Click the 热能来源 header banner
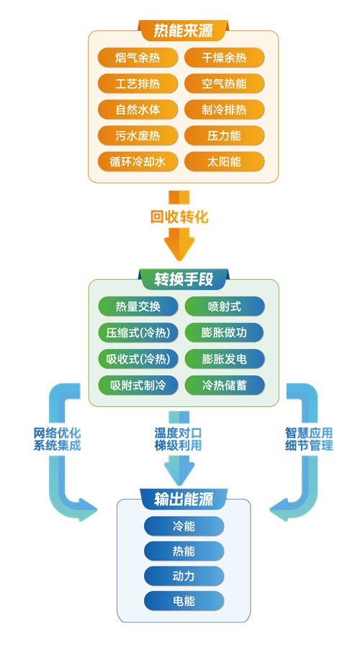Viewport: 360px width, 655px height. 184,30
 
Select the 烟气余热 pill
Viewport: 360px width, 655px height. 138,58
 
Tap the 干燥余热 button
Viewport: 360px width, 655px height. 224,58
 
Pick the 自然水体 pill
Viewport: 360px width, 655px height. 138,110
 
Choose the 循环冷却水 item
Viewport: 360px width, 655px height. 138,162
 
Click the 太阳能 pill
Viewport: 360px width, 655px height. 224,162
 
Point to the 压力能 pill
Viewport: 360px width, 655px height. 224,136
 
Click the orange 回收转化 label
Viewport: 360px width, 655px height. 179,217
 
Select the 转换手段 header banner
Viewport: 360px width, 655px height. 184,279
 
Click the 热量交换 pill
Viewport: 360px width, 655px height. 138,307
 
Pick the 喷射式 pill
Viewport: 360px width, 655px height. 224,307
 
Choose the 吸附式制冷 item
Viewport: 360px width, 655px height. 138,385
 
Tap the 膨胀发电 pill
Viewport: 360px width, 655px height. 224,359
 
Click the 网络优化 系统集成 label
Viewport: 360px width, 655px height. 57,438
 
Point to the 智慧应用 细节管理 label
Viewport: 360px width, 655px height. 309,438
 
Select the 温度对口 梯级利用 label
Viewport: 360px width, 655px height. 179,438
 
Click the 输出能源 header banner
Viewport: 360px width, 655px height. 184,500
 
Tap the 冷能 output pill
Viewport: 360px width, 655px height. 184,526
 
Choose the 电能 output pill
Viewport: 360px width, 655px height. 184,601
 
